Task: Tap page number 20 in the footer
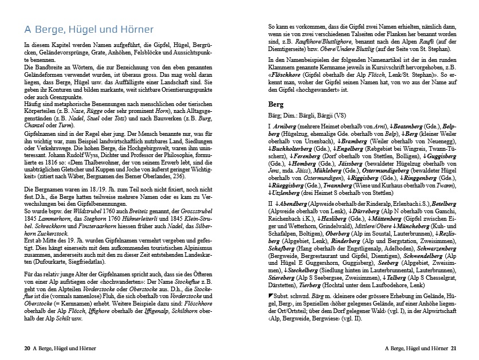click(26, 347)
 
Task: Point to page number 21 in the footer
click(453, 347)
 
